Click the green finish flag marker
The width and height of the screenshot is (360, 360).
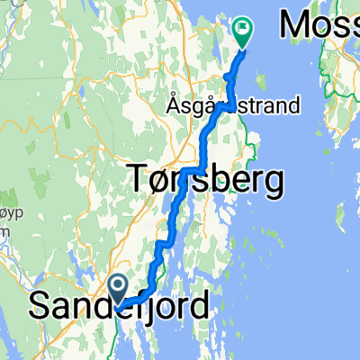pyautogui.click(x=244, y=32)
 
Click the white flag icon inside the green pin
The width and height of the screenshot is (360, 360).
pyautogui.click(x=244, y=30)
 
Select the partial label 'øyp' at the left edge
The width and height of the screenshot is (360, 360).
pyautogui.click(x=7, y=212)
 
